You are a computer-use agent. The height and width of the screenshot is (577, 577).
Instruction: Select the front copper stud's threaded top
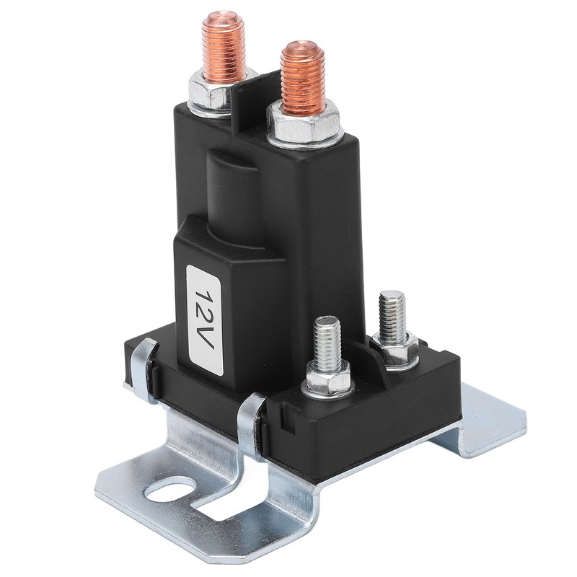(302, 72)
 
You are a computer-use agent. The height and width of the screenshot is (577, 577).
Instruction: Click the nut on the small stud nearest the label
(328, 376)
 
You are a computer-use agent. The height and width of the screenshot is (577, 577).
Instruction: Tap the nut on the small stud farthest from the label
(397, 350)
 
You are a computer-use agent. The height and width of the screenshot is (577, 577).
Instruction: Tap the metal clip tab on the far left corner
(144, 364)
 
